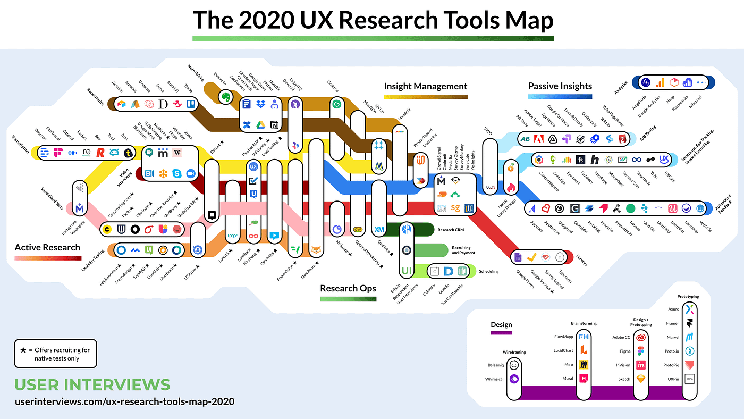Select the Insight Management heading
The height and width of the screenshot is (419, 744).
[x=426, y=86]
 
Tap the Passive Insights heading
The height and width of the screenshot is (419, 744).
[x=560, y=86]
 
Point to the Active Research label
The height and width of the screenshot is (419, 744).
[x=47, y=247]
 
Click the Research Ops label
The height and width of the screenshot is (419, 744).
[x=348, y=288]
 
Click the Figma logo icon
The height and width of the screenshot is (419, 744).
[x=642, y=351]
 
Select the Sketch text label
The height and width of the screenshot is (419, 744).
[x=624, y=379]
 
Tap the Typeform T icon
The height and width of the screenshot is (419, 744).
[x=560, y=257]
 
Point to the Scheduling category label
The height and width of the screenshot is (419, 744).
[x=488, y=271]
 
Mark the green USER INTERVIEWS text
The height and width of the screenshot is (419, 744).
[x=92, y=385]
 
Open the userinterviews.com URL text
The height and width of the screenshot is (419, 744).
[x=124, y=401]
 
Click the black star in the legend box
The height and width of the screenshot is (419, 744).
[x=23, y=350]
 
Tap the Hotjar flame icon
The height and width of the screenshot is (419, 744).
[x=512, y=187]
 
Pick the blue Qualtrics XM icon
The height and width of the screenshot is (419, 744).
[x=379, y=230]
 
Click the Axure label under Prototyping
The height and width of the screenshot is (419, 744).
[x=673, y=309]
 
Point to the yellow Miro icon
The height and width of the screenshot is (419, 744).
[x=584, y=365]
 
